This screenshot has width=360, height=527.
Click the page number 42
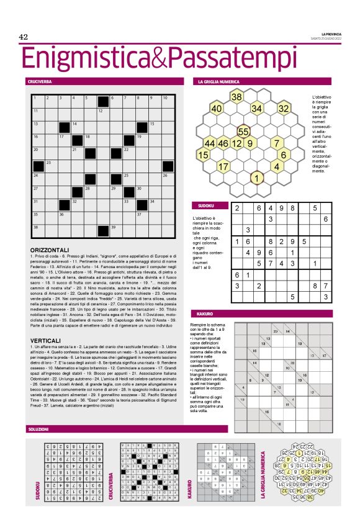point(24,37)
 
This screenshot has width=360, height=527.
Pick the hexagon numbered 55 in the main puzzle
point(243,132)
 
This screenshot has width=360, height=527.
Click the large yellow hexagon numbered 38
point(236,97)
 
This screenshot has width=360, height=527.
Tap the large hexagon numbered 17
point(223,166)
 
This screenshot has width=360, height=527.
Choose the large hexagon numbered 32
point(284,109)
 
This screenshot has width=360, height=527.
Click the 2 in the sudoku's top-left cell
point(237,209)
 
